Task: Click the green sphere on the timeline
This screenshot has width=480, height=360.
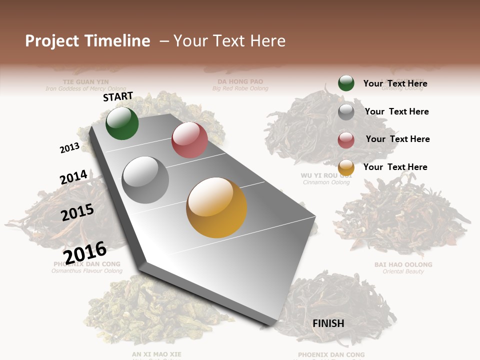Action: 122,123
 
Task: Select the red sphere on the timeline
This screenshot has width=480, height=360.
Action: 189,140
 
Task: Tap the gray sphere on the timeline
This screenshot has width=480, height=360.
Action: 145,180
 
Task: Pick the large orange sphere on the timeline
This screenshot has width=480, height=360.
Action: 216,207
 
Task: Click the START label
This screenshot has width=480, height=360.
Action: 118,96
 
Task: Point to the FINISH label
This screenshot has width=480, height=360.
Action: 328,323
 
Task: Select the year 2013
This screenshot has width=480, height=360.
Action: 69,147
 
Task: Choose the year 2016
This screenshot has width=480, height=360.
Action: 85,252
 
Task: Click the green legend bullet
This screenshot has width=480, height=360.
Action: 346,83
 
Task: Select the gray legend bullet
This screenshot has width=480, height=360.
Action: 346,112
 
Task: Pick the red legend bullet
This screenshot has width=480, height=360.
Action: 346,140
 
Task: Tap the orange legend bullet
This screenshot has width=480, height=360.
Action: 346,168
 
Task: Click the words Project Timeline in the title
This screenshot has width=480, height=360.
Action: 87,41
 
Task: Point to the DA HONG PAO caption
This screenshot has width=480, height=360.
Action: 240,81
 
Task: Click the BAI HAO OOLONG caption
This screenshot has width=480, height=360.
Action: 403,264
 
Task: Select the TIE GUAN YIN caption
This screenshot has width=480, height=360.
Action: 85,81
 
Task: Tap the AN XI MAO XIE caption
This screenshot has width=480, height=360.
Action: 156,354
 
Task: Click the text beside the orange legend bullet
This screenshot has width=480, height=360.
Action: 395,167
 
